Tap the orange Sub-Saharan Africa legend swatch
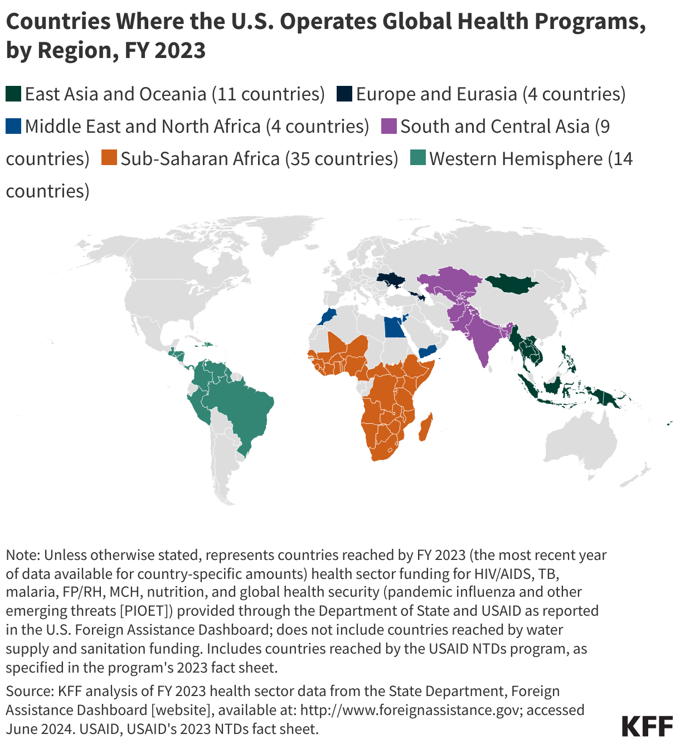(x=108, y=158)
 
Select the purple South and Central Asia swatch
(x=388, y=126)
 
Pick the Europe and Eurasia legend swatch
(x=344, y=94)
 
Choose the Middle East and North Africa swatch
(x=13, y=126)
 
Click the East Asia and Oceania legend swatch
(x=13, y=94)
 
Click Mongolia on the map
(x=512, y=284)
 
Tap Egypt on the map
(x=394, y=328)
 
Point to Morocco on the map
(x=327, y=317)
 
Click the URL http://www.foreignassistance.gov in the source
(x=411, y=710)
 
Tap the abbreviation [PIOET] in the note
(x=144, y=611)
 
